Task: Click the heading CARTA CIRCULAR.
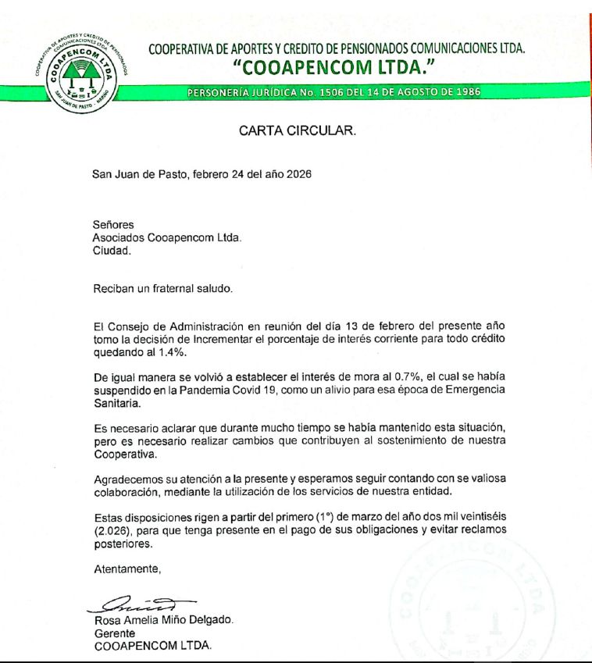point(298,131)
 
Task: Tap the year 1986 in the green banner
point(465,92)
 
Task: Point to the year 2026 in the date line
point(298,174)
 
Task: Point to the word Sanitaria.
point(116,403)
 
